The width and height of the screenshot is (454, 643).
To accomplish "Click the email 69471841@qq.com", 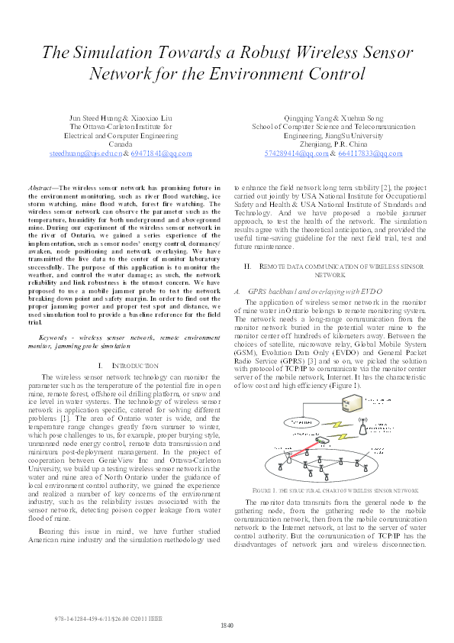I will [x=160, y=153].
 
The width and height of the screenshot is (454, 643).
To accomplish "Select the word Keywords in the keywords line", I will [x=53, y=336].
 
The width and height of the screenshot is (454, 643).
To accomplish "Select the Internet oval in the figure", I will [x=291, y=421].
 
